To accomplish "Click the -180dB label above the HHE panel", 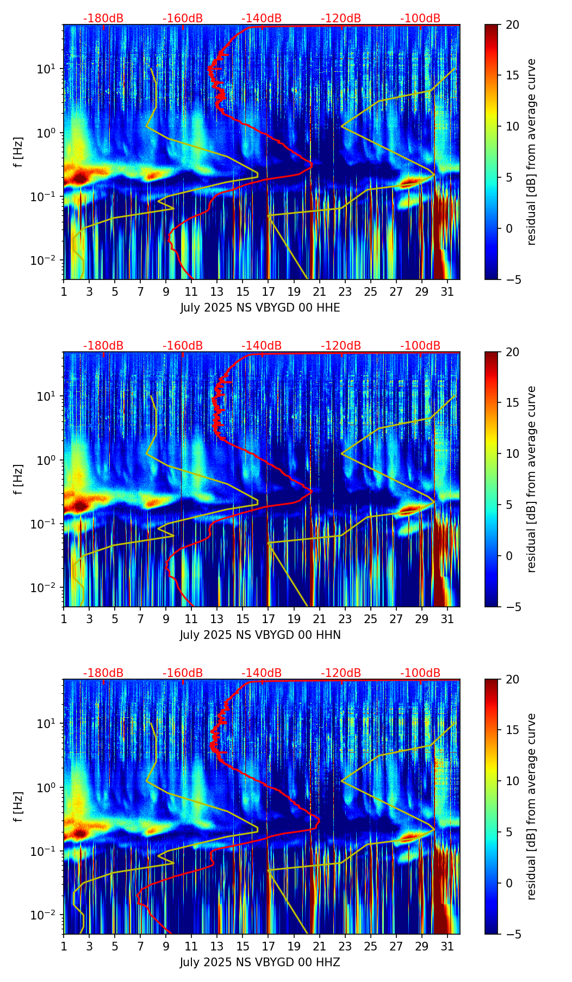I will (103, 18).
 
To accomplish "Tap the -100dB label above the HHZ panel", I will (420, 673).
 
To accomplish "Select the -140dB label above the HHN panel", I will (262, 346).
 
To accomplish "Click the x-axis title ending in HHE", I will (260, 308).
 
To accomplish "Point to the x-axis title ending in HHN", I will (260, 635).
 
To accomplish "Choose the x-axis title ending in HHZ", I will (260, 962).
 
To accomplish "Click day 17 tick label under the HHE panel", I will (268, 291).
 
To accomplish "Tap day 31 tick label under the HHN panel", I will (447, 619).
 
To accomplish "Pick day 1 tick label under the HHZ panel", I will (64, 946).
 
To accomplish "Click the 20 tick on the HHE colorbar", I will (512, 25).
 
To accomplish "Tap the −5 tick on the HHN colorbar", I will (512, 606).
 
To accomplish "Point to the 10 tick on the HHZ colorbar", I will (512, 781).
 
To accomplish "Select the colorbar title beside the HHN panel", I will (532, 479).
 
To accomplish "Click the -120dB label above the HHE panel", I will (341, 18).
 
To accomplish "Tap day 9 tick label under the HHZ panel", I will (166, 946).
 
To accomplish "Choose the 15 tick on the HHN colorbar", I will (512, 403).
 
